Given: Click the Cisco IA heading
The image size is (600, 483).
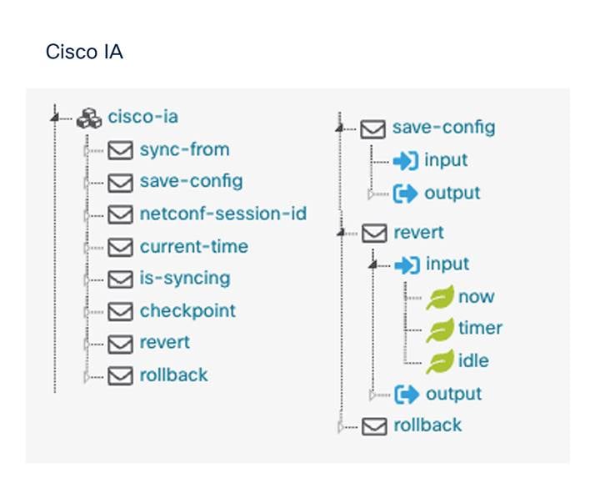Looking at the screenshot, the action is point(84,52).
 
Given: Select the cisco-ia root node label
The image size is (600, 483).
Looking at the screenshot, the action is point(143,117).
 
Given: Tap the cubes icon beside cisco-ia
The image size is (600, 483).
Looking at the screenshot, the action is point(89,118).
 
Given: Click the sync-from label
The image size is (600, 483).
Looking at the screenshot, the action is point(184,149).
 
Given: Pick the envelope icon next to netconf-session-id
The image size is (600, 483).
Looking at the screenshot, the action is point(120,214).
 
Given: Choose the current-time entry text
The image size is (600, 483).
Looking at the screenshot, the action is point(194,246).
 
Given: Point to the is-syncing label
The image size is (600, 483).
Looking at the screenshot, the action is point(185,279).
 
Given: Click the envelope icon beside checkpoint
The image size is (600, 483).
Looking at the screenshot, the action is point(120,311).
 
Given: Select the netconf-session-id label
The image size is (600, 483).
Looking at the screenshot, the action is point(223,214).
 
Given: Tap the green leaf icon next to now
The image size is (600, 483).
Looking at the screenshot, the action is point(440,298).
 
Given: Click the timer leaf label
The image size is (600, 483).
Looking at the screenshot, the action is point(480,328).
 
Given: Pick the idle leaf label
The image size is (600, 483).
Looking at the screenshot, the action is point(473,360).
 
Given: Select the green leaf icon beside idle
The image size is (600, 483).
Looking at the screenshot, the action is point(440,361).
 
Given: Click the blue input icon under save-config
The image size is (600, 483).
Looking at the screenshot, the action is point(406,161).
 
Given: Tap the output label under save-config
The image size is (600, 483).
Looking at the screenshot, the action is point(452,193).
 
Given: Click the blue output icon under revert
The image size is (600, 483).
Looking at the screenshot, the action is point(407,395).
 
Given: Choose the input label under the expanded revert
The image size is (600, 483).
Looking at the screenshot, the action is point(447,264).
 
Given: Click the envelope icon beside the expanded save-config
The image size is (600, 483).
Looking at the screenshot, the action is point(372,129).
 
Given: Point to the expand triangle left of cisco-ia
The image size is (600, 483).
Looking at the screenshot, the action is point(55,117).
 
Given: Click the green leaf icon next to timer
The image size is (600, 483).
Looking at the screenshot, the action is point(440,330).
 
